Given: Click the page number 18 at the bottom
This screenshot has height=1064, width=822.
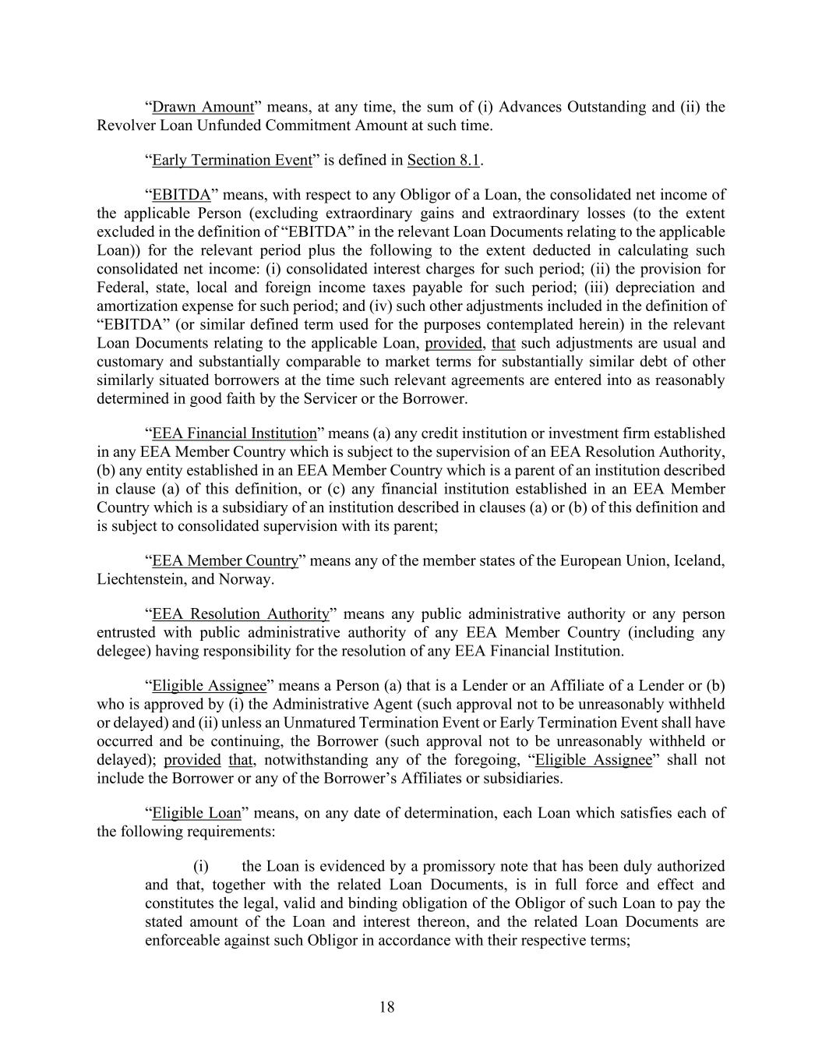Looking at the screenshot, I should click(387, 1007).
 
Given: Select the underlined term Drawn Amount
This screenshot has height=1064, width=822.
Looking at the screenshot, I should click(203, 107).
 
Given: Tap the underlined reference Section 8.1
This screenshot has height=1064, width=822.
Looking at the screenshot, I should click(443, 160).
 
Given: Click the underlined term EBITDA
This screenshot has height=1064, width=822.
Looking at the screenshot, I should click(181, 195).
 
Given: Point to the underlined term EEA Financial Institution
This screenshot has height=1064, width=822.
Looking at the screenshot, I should click(235, 433).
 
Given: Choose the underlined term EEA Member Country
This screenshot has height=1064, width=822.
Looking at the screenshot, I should click(225, 561).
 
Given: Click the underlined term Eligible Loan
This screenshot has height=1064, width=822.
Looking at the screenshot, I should click(196, 813).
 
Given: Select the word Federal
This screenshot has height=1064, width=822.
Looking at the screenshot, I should click(120, 288).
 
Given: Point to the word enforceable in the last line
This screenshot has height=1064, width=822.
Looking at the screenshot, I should click(183, 940).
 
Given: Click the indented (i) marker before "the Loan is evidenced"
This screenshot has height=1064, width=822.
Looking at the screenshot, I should click(200, 866).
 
